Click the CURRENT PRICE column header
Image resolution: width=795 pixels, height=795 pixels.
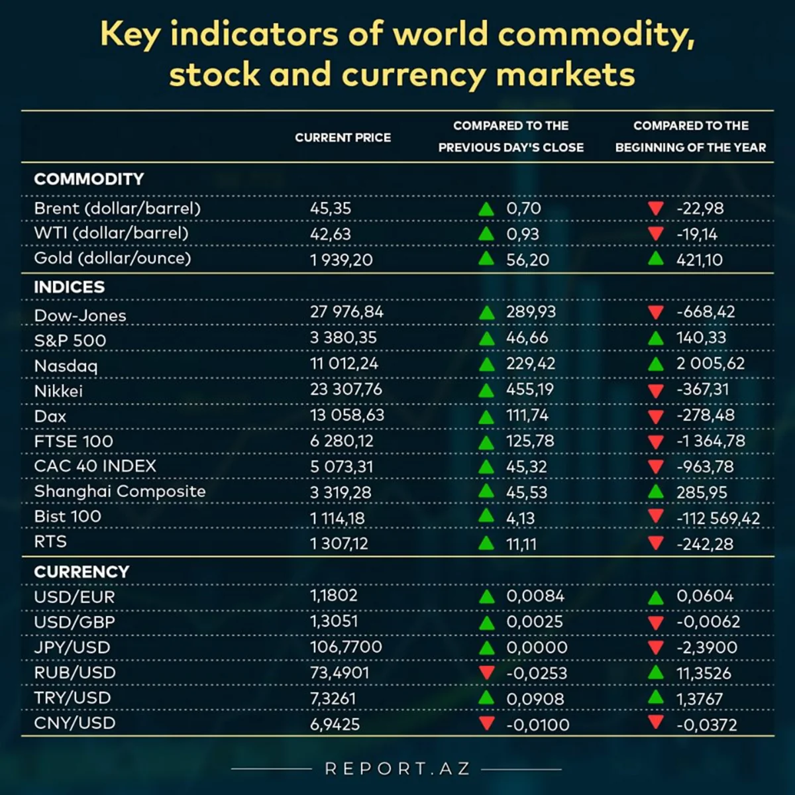point(343,138)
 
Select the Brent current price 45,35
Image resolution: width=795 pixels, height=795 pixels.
point(331,208)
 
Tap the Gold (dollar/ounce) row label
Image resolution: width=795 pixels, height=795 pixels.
point(113,258)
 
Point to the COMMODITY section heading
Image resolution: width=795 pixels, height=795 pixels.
point(89,179)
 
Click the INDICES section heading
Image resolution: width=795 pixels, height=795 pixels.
point(70,287)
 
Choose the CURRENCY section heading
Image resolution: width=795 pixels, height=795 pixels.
point(81,572)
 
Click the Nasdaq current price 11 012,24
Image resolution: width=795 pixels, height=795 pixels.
point(344,364)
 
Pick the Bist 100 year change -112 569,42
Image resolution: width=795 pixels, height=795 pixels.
point(718,518)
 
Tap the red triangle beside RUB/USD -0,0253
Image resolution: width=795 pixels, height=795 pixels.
point(487,672)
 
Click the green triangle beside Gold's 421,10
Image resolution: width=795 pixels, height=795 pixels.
point(656,258)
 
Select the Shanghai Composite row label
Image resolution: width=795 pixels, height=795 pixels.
point(120,492)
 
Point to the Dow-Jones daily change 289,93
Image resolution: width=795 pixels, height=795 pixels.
point(531,312)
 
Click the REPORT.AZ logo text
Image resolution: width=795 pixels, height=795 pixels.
point(397,768)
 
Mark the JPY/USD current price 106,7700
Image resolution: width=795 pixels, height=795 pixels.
point(346,647)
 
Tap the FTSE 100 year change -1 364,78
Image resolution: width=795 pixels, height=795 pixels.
point(710,441)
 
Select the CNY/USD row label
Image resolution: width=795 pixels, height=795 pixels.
point(75,723)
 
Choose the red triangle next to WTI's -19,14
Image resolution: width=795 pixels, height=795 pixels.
point(656,233)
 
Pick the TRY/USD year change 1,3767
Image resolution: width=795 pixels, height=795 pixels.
point(699,699)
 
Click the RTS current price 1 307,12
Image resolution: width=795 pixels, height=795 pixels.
point(339,544)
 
